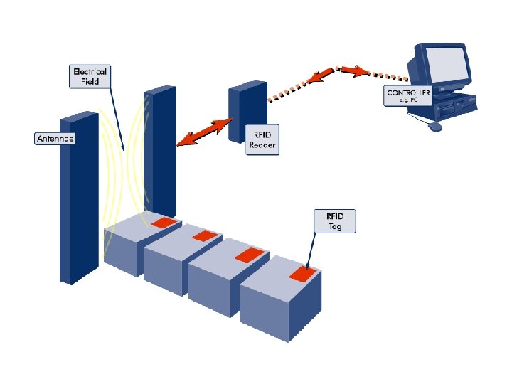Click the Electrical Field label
pos(90,76)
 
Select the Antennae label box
pos(55,139)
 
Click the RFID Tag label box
pos(334,221)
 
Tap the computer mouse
pos(435,127)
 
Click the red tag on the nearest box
pos(302,272)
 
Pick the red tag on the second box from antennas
pos(205,235)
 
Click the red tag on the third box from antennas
pos(248,253)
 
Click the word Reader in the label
pos(261,146)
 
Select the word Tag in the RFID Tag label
pos(334,227)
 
